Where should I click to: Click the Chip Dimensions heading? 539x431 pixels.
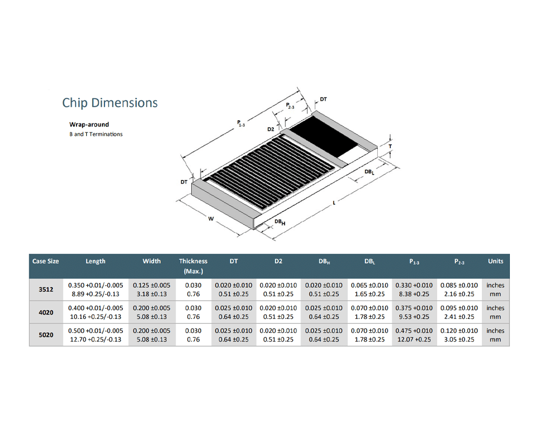click(110, 103)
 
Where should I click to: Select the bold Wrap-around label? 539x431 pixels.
click(89, 124)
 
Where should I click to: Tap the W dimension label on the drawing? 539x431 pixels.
click(211, 219)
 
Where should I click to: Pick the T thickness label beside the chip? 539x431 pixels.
click(390, 146)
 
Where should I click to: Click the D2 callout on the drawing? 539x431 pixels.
click(271, 130)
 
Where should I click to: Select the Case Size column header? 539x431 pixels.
click(46, 261)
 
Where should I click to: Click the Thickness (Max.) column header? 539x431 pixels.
click(193, 266)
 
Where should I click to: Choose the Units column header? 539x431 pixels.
click(495, 261)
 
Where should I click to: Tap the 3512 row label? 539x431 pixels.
click(46, 289)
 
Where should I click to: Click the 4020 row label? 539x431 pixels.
click(46, 312)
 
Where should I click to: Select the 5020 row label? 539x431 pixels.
click(46, 335)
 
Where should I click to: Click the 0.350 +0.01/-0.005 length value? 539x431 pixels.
click(95, 285)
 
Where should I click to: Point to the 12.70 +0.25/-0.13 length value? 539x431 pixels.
click(95, 339)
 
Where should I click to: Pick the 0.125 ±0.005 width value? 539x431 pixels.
click(151, 285)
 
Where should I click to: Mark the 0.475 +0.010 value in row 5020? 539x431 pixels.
click(414, 330)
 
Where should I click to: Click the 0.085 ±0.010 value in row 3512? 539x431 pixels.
click(459, 285)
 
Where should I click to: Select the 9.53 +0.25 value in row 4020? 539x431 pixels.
click(414, 317)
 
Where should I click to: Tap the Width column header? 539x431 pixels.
click(151, 261)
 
